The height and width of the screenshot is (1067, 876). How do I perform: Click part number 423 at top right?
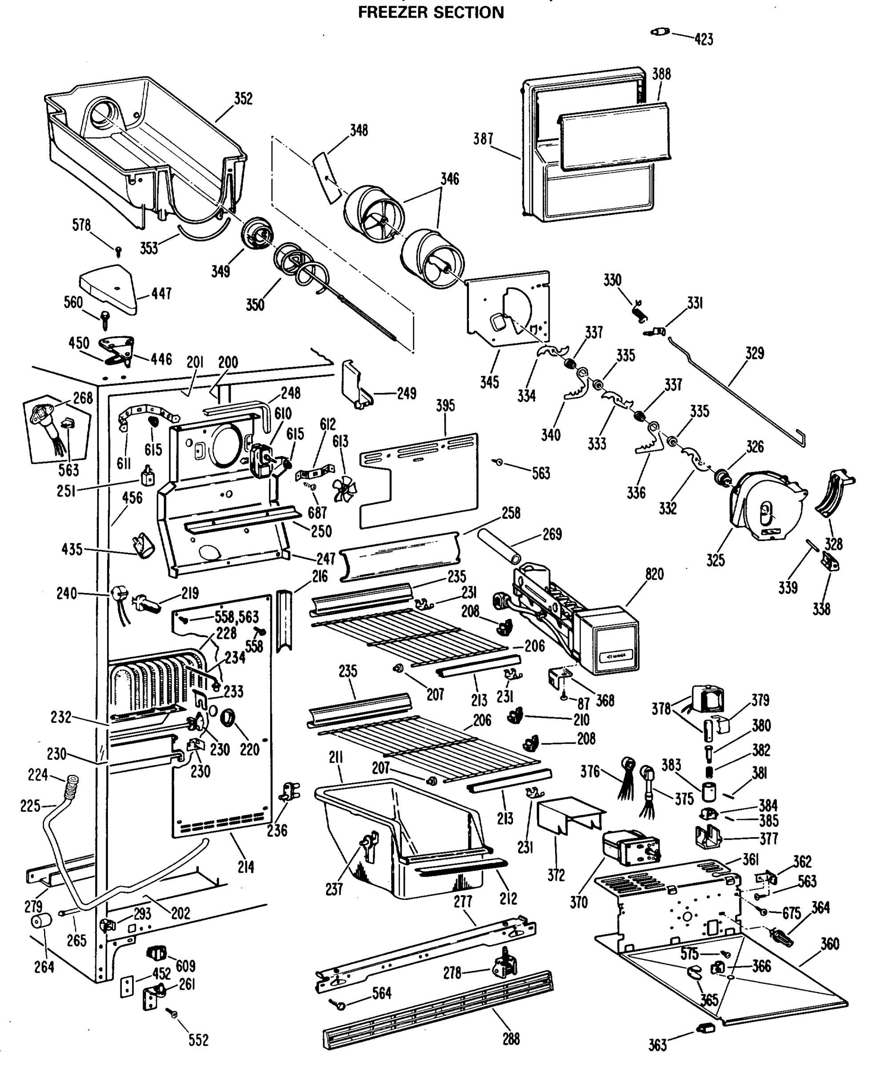[704, 39]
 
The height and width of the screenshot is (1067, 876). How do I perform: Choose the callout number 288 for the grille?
[511, 1039]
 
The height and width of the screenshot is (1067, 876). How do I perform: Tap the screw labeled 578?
[119, 250]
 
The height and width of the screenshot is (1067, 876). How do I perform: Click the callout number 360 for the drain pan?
[830, 943]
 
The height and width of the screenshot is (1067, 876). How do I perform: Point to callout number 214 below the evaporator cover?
[246, 867]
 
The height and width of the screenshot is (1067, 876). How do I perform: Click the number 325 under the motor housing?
[715, 560]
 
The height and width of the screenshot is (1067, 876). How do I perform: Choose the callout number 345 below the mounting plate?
[489, 382]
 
